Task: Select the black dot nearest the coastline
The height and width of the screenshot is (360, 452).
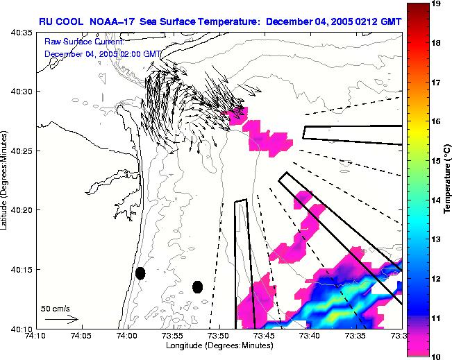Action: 140,273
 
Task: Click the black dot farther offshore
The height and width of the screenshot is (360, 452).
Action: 197,287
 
